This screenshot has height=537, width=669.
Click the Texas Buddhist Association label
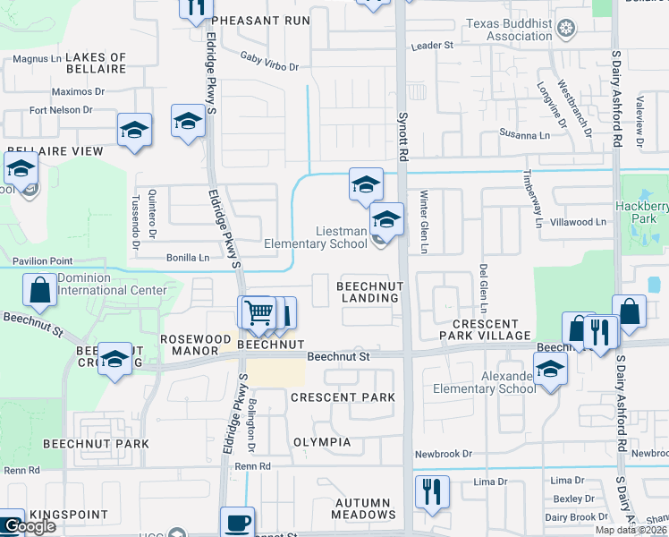[x=507, y=30]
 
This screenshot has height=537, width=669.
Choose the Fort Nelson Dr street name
[x=61, y=110]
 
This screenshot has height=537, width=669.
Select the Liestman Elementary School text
[x=316, y=237]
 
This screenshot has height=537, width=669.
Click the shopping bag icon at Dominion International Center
[x=40, y=289]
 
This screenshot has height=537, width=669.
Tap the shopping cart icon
[x=258, y=312]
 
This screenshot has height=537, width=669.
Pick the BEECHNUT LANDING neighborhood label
[x=370, y=291]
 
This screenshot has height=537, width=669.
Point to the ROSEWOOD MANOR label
[x=190, y=345]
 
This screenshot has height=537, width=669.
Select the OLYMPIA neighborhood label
[x=322, y=442]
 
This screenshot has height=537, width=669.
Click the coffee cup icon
[x=238, y=522]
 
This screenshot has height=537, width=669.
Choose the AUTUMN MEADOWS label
[x=363, y=508]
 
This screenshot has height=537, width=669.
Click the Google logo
[x=30, y=526]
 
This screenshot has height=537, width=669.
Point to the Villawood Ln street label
[x=579, y=221]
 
